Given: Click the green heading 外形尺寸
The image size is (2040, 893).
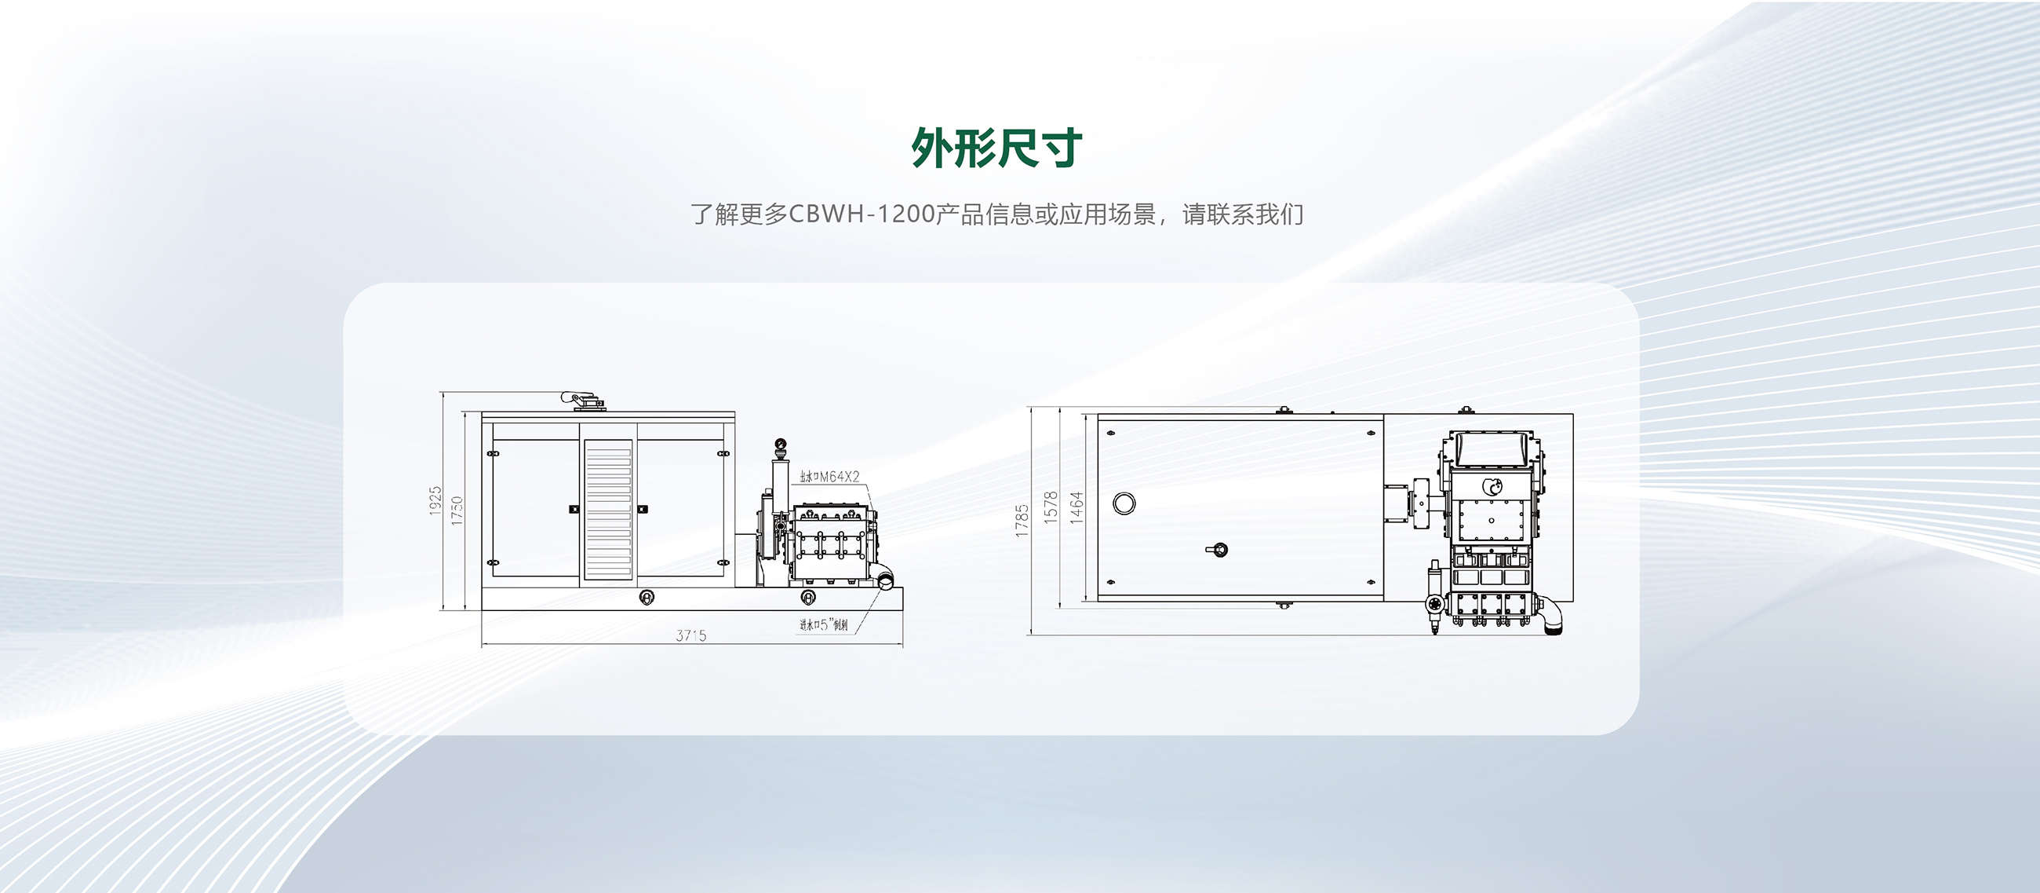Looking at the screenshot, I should [996, 148].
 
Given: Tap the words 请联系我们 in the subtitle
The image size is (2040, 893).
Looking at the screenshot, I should [1243, 214].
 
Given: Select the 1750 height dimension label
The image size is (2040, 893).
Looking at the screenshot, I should [457, 511].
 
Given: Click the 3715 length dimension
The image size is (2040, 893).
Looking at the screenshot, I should [690, 635].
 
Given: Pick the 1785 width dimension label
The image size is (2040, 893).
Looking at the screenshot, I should [1022, 521].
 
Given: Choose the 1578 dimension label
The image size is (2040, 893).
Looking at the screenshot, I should [1051, 507].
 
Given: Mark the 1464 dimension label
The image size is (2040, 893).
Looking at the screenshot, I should [1076, 507].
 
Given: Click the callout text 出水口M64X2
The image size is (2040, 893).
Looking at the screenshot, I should [829, 476].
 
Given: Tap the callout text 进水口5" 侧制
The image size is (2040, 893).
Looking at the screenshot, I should [824, 625].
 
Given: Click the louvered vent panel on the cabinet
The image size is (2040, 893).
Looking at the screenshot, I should [608, 511].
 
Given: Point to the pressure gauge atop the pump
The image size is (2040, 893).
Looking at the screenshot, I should [781, 444].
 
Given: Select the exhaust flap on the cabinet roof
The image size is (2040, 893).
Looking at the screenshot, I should [584, 400].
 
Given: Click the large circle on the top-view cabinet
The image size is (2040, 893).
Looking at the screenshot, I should [1124, 503].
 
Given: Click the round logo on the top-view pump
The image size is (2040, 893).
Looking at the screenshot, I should [1492, 486].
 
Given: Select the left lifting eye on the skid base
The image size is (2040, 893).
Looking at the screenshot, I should [647, 597].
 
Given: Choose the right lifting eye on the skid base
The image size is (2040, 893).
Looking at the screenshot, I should [808, 597].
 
